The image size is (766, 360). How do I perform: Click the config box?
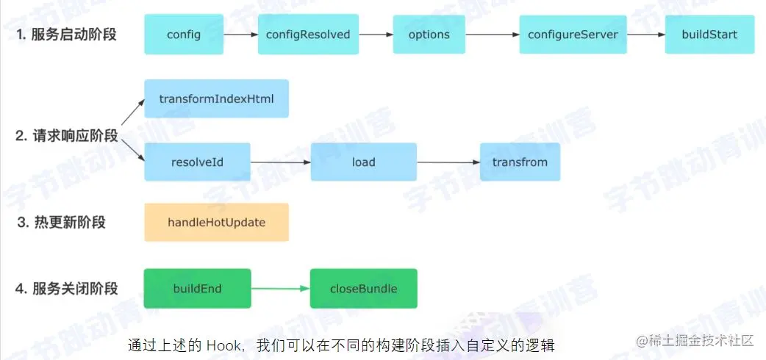click(x=184, y=35)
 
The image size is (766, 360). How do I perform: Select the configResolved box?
click(x=308, y=35)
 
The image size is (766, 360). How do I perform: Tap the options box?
click(x=429, y=35)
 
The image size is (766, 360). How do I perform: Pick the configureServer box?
click(x=573, y=35)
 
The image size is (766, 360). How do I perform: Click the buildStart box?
click(x=709, y=35)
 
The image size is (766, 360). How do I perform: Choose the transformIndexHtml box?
click(x=216, y=98)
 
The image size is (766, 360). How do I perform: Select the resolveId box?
click(x=197, y=162)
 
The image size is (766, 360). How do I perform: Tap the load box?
click(x=363, y=162)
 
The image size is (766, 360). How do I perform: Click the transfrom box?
click(x=520, y=162)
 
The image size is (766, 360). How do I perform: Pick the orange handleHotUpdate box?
click(x=216, y=222)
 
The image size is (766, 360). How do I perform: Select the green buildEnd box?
click(x=197, y=288)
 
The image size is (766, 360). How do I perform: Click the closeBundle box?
click(x=363, y=288)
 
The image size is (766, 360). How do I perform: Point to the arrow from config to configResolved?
click(x=240, y=35)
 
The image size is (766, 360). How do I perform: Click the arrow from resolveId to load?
click(x=281, y=162)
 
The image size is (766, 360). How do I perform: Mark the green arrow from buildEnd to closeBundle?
click(x=281, y=288)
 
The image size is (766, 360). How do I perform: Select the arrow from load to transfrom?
click(x=448, y=162)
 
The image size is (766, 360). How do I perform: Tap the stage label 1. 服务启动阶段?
click(x=66, y=35)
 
